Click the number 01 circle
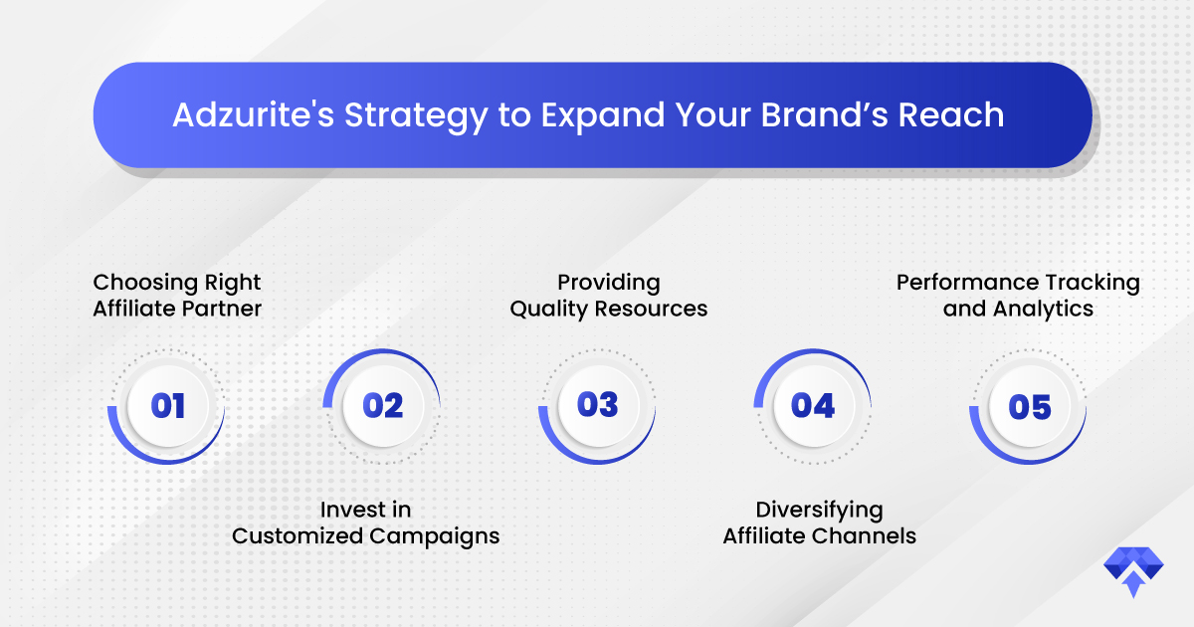[167, 406]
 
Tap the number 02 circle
[383, 406]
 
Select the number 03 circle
[598, 406]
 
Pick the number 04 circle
[814, 406]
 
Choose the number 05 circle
[1029, 406]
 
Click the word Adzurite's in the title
[254, 115]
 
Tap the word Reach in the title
[951, 115]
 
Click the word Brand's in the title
[825, 115]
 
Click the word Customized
[298, 535]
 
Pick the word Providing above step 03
[609, 283]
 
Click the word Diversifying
[819, 511]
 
